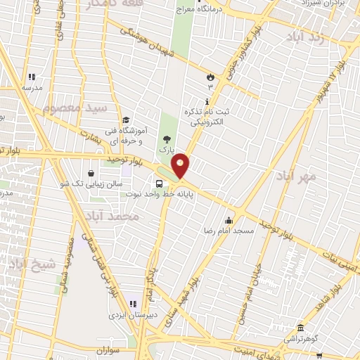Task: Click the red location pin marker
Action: tap(181, 165)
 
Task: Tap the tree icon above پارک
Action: tap(166, 139)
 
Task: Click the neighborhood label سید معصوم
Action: tap(75, 108)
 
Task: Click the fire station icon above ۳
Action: tap(209, 75)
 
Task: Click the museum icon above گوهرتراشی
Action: tap(301, 328)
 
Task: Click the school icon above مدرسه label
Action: tap(31, 77)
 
